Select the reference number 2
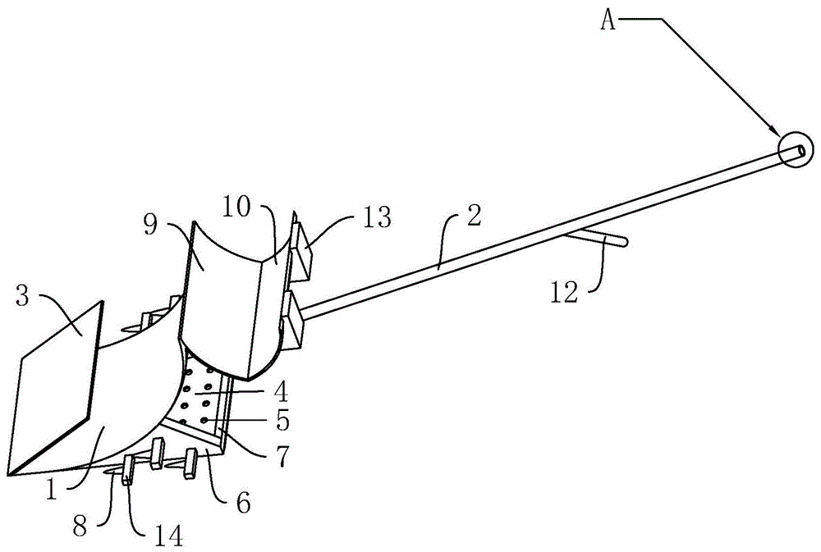pyautogui.click(x=474, y=216)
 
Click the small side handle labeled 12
pyautogui.click(x=596, y=239)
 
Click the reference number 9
pyautogui.click(x=150, y=227)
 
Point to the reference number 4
pyautogui.click(x=281, y=391)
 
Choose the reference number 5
pyautogui.click(x=283, y=420)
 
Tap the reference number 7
pyautogui.click(x=282, y=456)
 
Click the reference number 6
pyautogui.click(x=243, y=503)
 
